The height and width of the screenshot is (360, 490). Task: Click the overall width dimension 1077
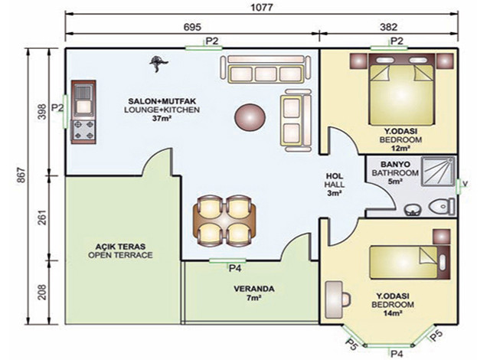(262, 7)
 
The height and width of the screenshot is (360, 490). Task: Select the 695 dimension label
(192, 27)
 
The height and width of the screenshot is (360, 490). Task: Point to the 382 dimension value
(389, 27)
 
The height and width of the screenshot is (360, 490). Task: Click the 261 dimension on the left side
(42, 218)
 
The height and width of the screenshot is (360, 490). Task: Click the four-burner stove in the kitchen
(83, 130)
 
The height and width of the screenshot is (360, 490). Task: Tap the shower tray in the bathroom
(438, 172)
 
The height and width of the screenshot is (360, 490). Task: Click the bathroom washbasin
(413, 211)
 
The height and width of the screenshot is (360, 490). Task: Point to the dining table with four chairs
(225, 221)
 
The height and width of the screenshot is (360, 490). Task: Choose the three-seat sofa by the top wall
(266, 70)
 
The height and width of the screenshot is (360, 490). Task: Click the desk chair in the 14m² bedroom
(346, 299)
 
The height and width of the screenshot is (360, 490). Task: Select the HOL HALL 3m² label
(334, 185)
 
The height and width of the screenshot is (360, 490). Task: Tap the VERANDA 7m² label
(253, 293)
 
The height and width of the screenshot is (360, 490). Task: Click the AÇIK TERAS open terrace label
(120, 251)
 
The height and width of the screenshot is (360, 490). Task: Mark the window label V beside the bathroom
(465, 185)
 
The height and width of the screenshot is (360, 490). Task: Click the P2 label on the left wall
(57, 108)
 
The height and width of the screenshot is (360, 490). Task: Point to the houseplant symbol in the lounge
(158, 64)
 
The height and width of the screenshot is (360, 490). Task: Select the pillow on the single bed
(443, 263)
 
